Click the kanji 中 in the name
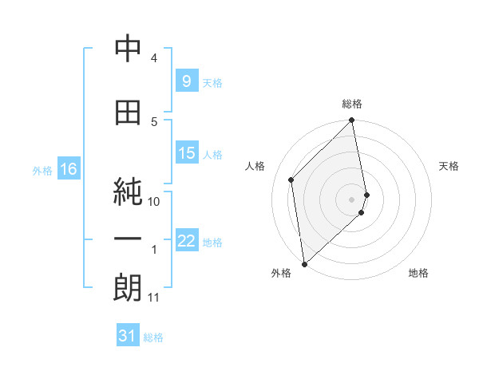[128, 50]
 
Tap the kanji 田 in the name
[128, 113]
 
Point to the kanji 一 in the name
[128, 239]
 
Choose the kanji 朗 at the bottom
[128, 288]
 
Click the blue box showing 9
[185, 81]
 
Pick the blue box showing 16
[68, 169]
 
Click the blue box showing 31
[128, 336]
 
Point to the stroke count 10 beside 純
[155, 202]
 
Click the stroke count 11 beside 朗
[154, 298]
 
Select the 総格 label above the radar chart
[352, 104]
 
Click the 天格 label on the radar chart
[449, 166]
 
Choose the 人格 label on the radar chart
[255, 166]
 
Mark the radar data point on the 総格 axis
[352, 121]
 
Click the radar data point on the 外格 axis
[304, 263]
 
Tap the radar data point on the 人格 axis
[291, 180]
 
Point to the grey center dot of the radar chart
[352, 199]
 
